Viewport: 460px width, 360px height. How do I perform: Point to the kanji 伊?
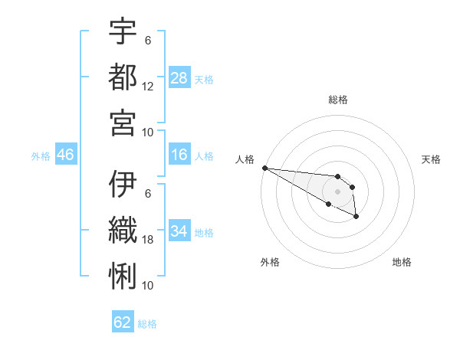[x=123, y=185]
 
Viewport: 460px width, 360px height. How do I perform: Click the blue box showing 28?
[x=179, y=77]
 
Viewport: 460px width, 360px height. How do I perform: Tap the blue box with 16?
[x=179, y=155]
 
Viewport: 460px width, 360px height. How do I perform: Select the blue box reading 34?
[x=179, y=231]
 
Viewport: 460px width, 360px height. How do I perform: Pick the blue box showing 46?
[x=65, y=155]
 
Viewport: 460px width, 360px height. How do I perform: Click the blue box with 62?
[x=123, y=322]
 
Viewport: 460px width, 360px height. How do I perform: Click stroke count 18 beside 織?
[x=148, y=239]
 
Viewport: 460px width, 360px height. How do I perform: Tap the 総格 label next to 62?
[x=147, y=324]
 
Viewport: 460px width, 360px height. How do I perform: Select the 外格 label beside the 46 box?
[x=41, y=156]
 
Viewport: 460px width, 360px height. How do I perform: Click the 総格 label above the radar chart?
[x=337, y=100]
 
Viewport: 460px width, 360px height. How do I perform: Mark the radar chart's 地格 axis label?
[x=402, y=262]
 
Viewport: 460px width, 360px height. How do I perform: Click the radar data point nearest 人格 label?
[x=264, y=168]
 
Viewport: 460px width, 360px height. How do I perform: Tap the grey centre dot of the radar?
[x=337, y=191]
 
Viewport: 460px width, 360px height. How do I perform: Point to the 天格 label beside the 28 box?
[x=204, y=80]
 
